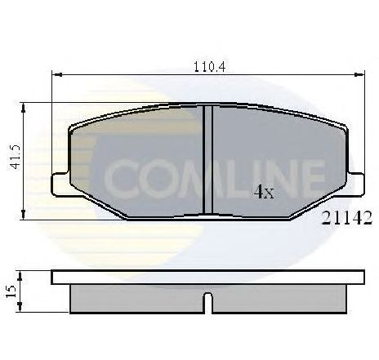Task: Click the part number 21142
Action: [x=347, y=217]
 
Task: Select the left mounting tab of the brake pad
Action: [x=59, y=184]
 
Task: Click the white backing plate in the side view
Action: [x=208, y=276]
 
